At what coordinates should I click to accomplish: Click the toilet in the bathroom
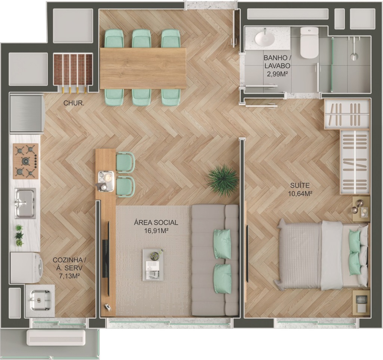(309, 42)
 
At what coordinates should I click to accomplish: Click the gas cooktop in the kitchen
(26, 161)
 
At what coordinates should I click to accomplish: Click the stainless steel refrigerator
(27, 114)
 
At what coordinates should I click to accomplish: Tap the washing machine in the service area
(26, 268)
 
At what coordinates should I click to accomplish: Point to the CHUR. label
(74, 103)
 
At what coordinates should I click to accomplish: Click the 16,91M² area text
(156, 230)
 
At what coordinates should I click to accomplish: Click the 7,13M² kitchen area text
(70, 276)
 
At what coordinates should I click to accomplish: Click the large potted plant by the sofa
(223, 181)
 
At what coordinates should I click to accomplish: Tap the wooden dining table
(143, 68)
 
